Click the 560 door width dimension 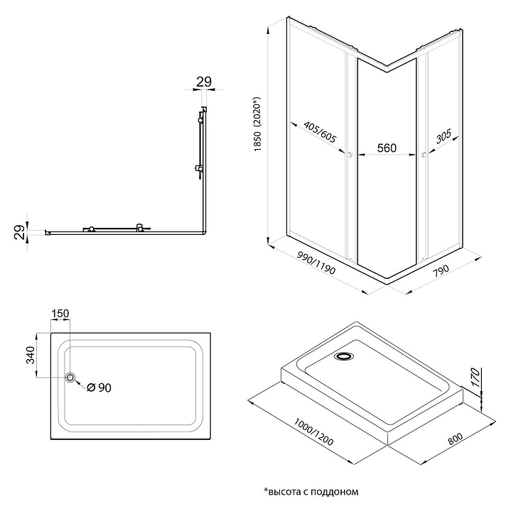387,148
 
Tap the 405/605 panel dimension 320,132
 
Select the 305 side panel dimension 443,136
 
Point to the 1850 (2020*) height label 258,123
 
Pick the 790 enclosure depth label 441,270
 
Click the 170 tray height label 476,377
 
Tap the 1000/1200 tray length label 313,432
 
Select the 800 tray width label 455,439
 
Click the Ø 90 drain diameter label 99,388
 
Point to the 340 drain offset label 30,355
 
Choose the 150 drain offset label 60,314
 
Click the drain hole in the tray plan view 70,378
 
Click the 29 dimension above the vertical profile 204,82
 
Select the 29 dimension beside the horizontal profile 20,232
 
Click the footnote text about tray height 311,491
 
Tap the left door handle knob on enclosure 350,154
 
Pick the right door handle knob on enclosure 424,155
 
